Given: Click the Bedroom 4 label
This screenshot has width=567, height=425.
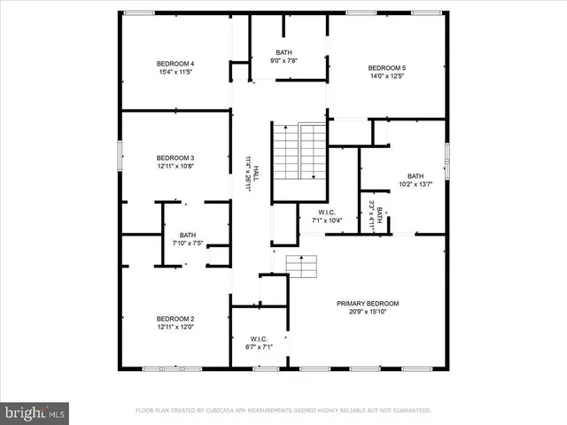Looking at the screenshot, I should point(175,64).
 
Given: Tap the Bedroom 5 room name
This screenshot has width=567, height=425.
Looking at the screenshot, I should point(387,68).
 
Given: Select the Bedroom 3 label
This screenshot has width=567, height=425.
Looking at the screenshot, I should point(175,158).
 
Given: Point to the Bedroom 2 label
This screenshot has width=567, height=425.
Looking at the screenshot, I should point(175,319).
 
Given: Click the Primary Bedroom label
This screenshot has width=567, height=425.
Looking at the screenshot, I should point(361,304).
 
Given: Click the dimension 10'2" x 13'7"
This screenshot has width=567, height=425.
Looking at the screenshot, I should point(416,184).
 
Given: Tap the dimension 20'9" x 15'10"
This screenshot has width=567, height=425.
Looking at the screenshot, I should point(361,312).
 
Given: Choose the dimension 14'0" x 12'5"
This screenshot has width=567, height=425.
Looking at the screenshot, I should point(387,76).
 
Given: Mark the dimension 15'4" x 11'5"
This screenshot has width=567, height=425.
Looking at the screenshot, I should point(175,72).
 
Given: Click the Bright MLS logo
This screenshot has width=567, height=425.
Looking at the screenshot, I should point(34,412).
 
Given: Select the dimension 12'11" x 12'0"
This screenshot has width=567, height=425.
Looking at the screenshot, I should point(175,327).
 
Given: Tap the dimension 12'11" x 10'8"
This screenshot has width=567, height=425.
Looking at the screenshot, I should point(175,166).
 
